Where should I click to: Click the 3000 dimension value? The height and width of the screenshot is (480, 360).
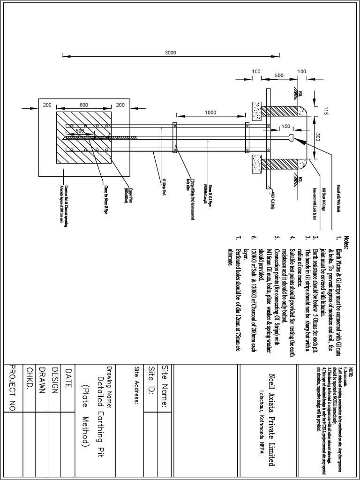[x=171, y=52]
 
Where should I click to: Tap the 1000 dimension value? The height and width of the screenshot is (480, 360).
[x=211, y=112]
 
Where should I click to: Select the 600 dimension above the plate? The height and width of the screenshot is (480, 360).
[x=83, y=105]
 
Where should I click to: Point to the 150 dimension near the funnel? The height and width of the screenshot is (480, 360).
[x=285, y=127]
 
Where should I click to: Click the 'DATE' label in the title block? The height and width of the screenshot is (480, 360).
[x=69, y=375]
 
